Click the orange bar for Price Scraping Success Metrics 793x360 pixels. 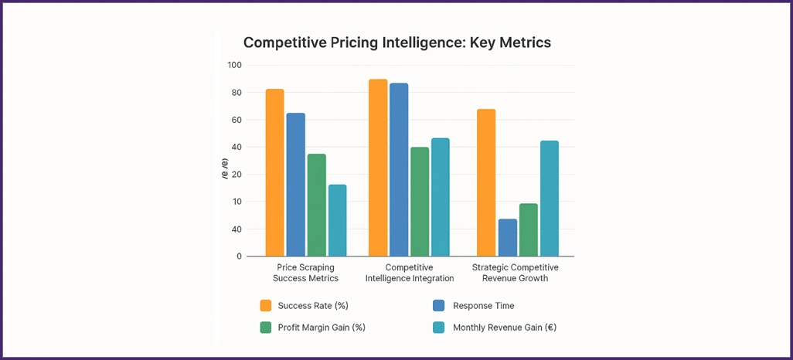[x=275, y=172]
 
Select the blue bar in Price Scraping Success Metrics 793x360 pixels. [x=295, y=185]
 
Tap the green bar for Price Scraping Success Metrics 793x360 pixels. [x=316, y=205]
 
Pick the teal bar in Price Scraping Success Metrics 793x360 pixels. [x=337, y=220]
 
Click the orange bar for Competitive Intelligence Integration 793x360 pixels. [x=378, y=168]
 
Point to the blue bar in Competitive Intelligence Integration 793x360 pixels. [x=399, y=169]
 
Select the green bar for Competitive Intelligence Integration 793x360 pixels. [x=420, y=202]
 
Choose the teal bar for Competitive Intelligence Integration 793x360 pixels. [x=440, y=197]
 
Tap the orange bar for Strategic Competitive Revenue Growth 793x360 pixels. [x=486, y=182]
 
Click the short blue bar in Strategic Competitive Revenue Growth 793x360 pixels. [x=508, y=237]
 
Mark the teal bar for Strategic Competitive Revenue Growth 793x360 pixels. [x=549, y=199]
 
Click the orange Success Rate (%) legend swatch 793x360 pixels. [x=266, y=306]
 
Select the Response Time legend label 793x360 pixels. [x=484, y=306]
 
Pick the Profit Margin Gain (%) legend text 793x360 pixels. [x=322, y=327]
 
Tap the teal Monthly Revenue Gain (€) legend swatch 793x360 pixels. [x=438, y=327]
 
